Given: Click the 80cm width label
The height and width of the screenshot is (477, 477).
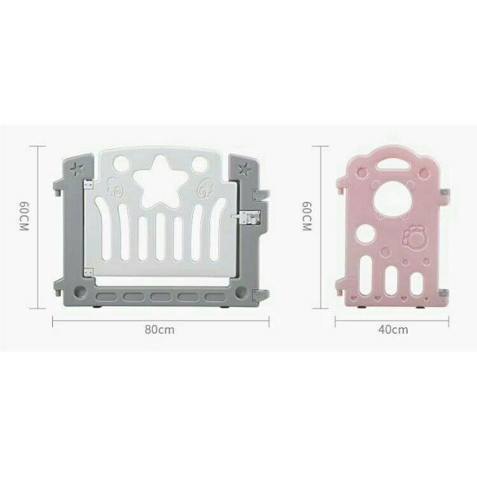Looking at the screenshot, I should coord(160,329).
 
